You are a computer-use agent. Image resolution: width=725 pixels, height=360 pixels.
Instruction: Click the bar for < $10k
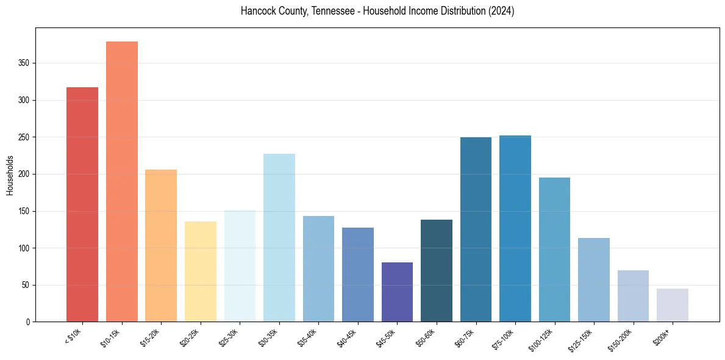[82, 204]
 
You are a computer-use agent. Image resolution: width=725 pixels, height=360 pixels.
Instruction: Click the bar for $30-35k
[279, 238]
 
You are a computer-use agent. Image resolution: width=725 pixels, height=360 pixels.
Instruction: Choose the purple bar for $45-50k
[397, 292]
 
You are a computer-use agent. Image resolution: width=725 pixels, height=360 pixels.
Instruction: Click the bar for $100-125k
[554, 250]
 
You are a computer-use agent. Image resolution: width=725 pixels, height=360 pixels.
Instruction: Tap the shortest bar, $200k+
[673, 305]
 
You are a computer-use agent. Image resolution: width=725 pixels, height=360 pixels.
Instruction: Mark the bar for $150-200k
[633, 296]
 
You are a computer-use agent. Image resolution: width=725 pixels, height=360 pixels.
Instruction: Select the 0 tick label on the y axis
[28, 322]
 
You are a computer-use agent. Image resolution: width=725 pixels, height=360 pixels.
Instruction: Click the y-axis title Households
[10, 175]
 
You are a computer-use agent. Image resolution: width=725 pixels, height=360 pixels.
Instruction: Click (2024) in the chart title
[501, 12]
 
